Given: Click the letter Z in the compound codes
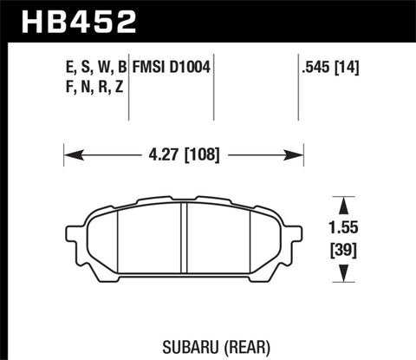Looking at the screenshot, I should (120, 85).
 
